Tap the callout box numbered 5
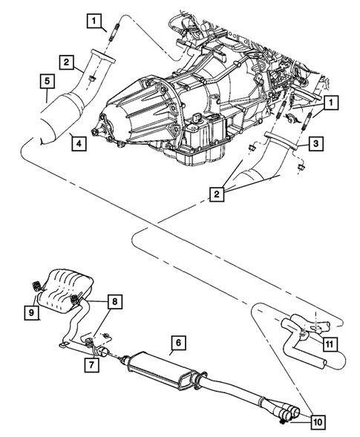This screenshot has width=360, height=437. (x=45, y=79)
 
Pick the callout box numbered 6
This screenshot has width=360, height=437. (x=177, y=344)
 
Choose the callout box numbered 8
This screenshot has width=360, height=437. (x=115, y=302)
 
